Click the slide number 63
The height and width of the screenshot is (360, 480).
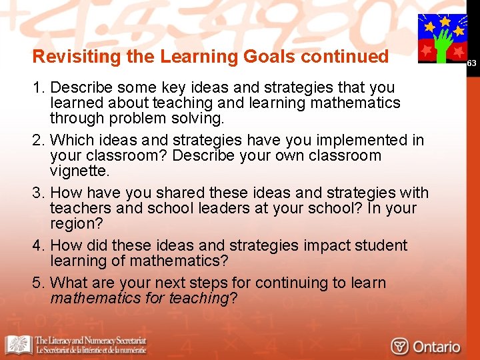coord(471,63)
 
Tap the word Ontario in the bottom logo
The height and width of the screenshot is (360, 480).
coord(436,347)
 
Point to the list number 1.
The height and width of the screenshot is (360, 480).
coord(38,88)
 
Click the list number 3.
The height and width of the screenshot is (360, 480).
coord(38,193)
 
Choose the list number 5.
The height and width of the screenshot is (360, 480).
coord(38,283)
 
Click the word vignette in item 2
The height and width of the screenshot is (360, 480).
coord(79,171)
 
